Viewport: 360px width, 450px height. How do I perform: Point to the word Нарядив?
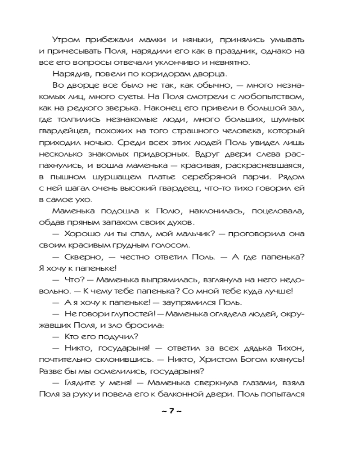[68, 74]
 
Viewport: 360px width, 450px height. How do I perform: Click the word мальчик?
[187, 234]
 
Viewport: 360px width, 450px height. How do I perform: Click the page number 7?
[171, 413]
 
